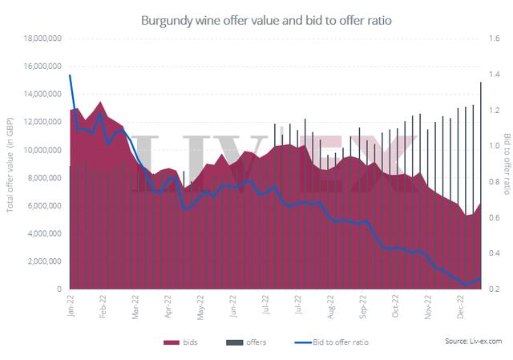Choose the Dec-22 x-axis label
pos(460,305)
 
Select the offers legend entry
pos(244,342)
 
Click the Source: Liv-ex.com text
pos(473,342)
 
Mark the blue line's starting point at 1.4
pos(71,75)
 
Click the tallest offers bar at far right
pos(480,83)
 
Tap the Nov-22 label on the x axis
pos(427,305)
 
